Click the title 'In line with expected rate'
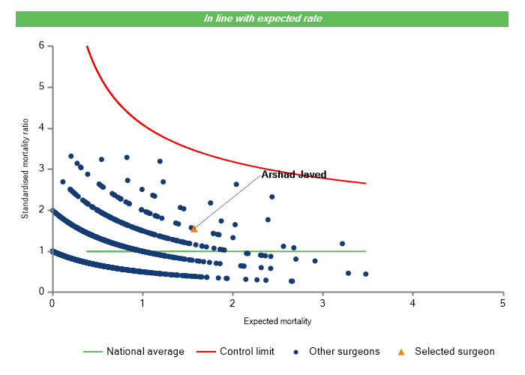[262, 18]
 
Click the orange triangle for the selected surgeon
[194, 229]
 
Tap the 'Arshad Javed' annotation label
[293, 175]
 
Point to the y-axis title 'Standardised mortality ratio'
[25, 167]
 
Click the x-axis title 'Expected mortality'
[277, 321]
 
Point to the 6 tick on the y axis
[41, 46]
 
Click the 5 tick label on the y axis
[41, 87]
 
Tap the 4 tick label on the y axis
[41, 128]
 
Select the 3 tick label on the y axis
[41, 169]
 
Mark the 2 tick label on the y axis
[41, 210]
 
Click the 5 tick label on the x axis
[502, 302]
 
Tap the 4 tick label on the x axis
[412, 302]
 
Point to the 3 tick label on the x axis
[322, 302]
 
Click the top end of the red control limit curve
[87, 46]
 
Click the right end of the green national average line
[366, 251]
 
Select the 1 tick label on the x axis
[142, 302]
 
